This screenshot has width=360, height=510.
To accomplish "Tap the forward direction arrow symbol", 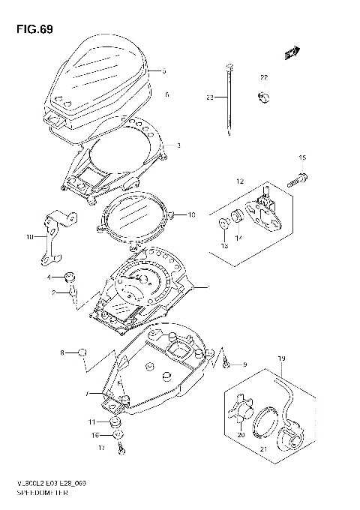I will [292, 52].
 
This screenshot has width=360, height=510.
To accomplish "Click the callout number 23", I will [211, 97].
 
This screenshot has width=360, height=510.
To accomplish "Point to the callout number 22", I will [263, 78].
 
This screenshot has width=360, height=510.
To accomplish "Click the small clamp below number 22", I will [263, 96].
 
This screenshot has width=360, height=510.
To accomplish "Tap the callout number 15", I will [302, 158].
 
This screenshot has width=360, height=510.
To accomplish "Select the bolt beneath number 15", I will [297, 180].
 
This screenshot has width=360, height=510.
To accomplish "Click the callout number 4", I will [49, 277].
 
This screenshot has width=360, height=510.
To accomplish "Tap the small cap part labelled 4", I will [69, 276].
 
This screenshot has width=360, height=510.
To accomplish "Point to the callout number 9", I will [244, 364].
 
